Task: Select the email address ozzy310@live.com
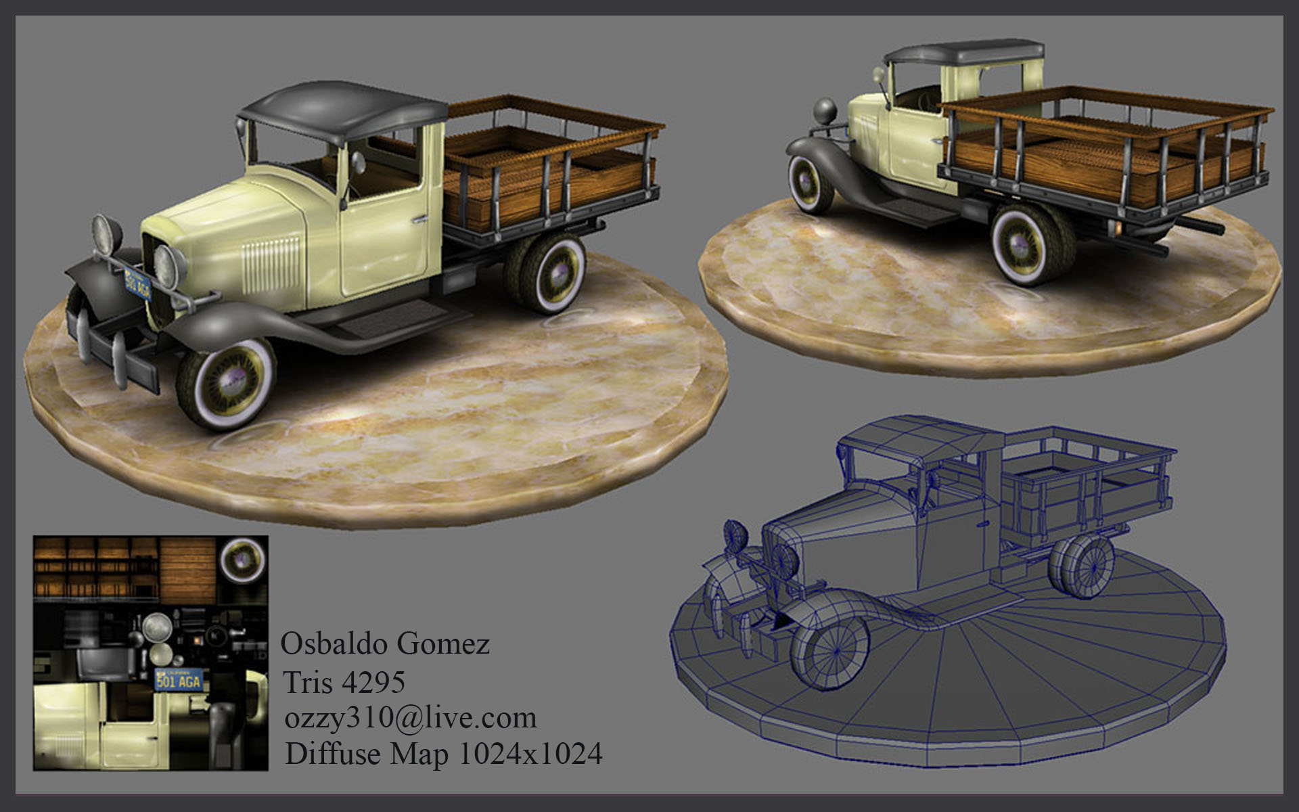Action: point(411,718)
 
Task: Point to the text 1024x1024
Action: point(531,754)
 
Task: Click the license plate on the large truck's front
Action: point(137,284)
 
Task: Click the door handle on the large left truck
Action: point(421,219)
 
